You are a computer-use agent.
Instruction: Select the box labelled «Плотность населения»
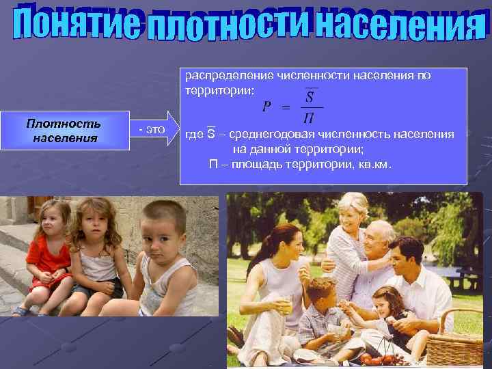click(x=64, y=130)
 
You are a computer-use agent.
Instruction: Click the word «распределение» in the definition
click(x=225, y=75)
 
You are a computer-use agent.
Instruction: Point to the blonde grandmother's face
click(x=353, y=213)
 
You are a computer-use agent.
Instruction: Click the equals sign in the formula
click(x=286, y=107)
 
